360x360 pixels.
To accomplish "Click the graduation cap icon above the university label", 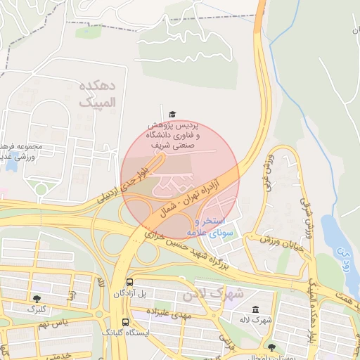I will [x=172, y=114].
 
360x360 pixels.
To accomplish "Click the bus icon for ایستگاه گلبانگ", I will [x=124, y=322].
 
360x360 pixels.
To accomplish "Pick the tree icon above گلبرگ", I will [x=36, y=299].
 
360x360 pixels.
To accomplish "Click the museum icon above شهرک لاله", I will [x=254, y=310].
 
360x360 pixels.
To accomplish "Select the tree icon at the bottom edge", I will [x=272, y=347].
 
